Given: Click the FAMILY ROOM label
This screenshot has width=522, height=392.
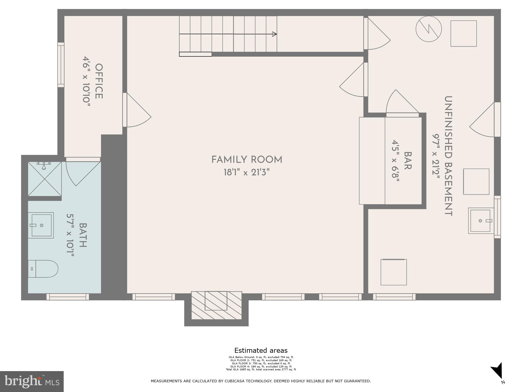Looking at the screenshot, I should coord(247,160).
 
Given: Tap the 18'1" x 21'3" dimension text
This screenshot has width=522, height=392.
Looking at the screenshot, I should coord(247,172).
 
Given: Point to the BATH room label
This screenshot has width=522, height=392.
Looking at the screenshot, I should coord(83,235).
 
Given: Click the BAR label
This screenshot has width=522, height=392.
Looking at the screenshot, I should coord(407,161).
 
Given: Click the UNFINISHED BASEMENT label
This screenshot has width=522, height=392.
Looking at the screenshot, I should coord(448,156).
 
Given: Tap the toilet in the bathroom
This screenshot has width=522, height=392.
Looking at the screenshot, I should coord(43,269).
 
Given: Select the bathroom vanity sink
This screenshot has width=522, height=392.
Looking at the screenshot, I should coord(41,225).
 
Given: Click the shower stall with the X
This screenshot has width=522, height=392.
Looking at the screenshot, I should coord(45,179).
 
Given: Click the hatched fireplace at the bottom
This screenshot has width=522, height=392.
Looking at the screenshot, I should coord(216,305).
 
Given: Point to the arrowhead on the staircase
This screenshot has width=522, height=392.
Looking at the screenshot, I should coord(274,34).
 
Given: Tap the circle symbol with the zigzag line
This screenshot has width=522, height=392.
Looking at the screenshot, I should coord(429,29).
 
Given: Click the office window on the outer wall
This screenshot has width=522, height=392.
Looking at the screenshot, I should coord(61,65).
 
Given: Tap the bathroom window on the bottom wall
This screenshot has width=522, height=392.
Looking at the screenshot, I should coord(68,297).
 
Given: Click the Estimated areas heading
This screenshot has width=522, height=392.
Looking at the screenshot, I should coord(261,350).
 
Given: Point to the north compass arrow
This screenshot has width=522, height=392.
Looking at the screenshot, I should coord(497,371).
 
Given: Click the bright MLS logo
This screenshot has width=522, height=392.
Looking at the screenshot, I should coord(32,381).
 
